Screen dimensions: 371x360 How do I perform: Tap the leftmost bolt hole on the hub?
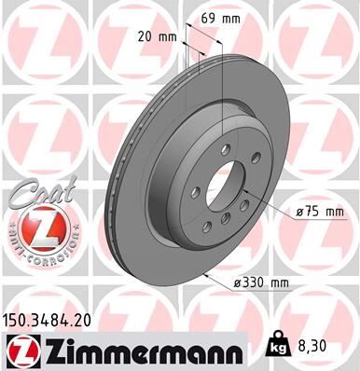pyautogui.click(x=196, y=192)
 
